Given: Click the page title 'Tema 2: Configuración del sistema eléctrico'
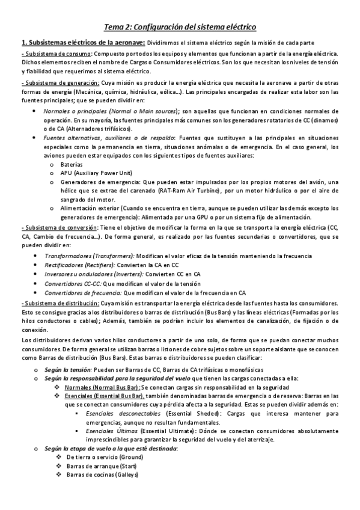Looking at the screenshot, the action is [180, 27].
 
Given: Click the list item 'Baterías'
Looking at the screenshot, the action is [72, 164].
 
